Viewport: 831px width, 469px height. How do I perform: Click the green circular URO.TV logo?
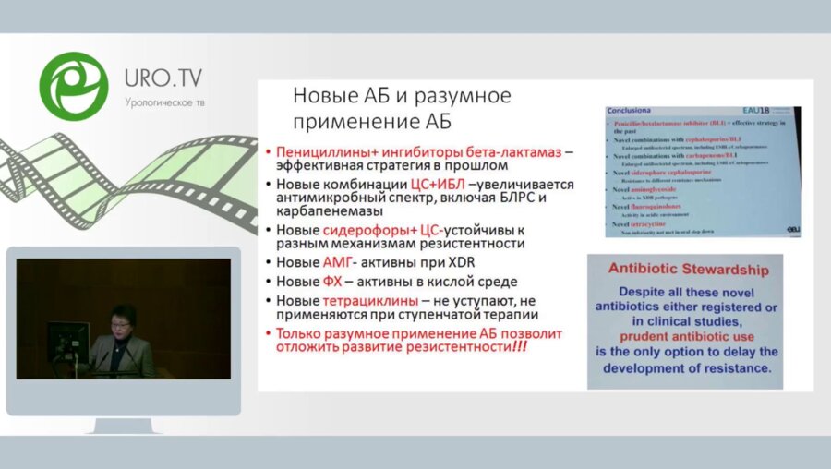coord(73,85)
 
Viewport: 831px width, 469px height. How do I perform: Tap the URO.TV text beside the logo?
coord(163,78)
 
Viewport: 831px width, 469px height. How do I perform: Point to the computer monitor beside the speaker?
coord(67,339)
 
